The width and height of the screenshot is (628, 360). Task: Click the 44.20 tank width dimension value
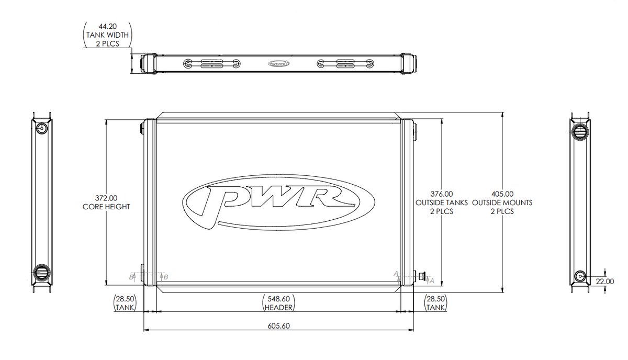point(107,26)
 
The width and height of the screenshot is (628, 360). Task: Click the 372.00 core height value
point(106,198)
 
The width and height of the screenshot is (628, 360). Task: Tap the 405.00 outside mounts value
point(502,193)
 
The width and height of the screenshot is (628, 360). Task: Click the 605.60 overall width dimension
point(278,326)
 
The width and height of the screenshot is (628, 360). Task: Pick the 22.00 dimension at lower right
point(605,281)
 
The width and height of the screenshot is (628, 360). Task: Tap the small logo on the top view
point(278,64)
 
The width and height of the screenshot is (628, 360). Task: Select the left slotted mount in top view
point(212,64)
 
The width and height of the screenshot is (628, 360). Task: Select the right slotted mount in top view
point(345,64)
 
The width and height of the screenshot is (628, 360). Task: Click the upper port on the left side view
point(42,129)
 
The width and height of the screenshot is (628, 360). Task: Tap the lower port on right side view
point(580,276)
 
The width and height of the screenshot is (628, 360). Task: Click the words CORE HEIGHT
point(106,207)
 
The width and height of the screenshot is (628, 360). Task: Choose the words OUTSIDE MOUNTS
point(502,203)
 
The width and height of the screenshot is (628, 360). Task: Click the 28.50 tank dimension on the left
point(126,299)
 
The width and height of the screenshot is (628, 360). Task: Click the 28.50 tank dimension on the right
point(435,299)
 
